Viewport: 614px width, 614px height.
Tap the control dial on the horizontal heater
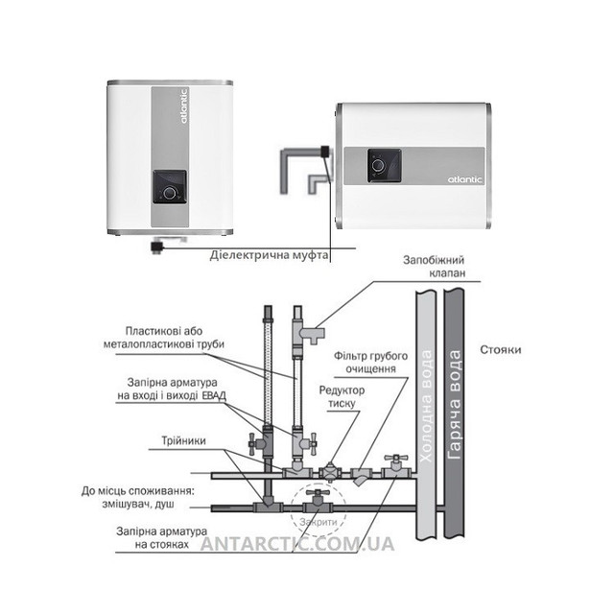378,165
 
